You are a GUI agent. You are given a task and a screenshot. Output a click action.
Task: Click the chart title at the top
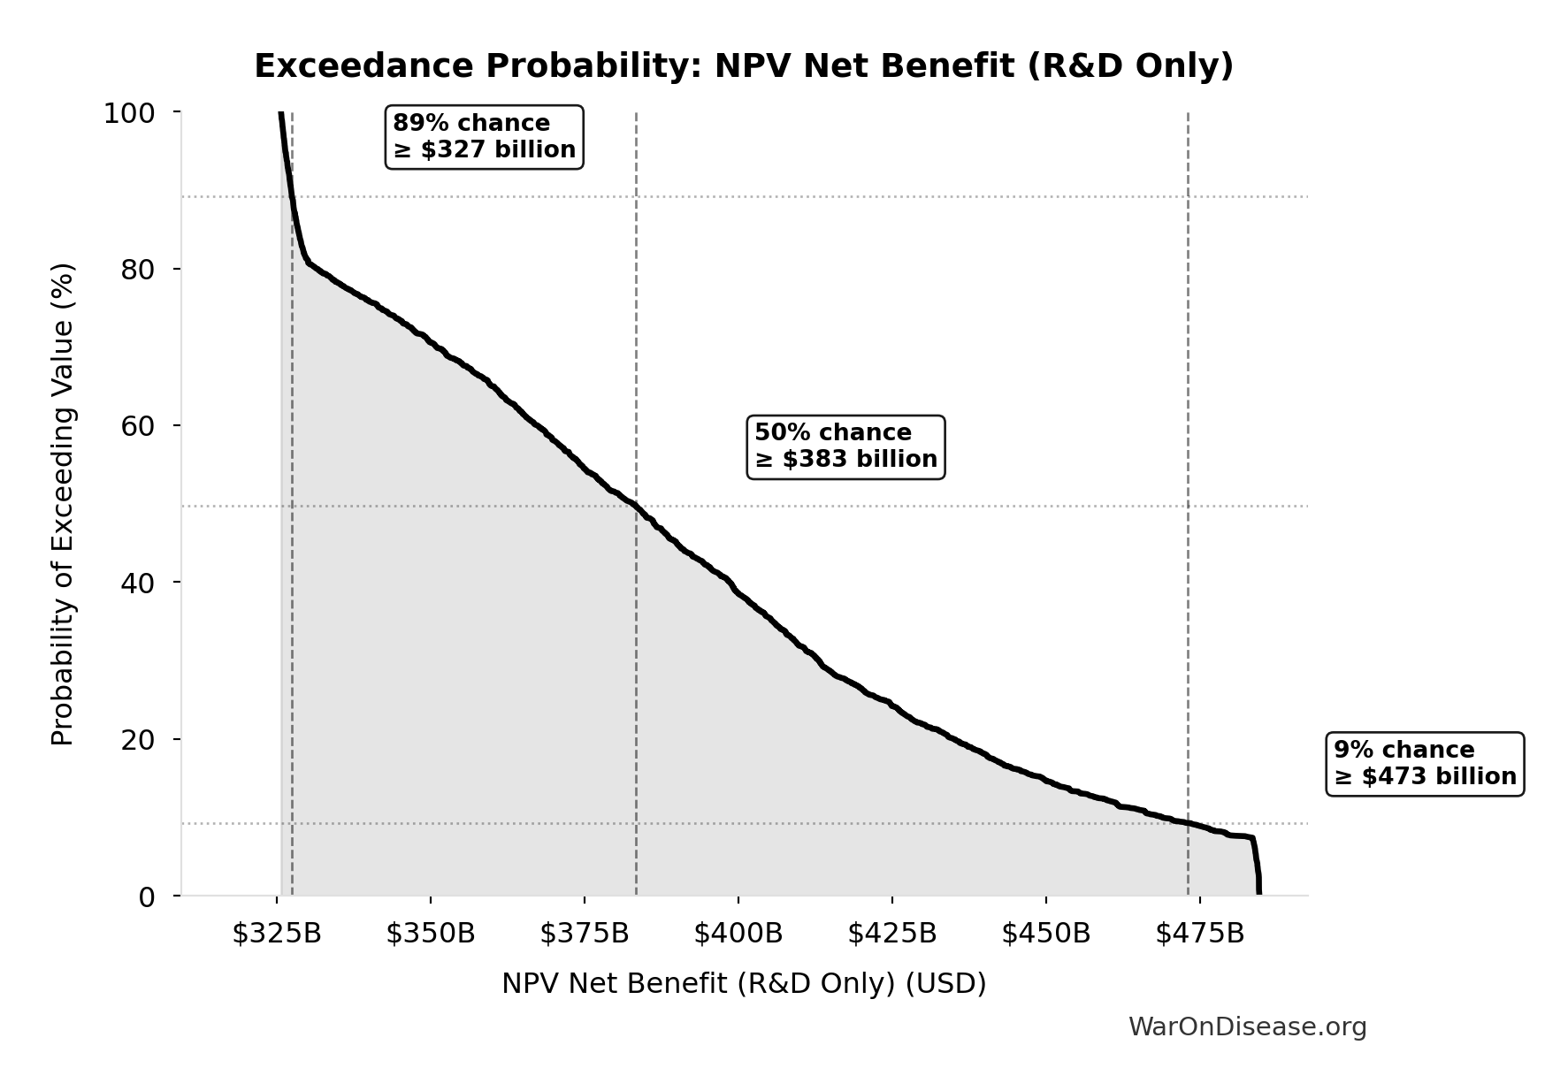pos(743,66)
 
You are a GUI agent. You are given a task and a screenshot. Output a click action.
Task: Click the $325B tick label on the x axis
pos(277,933)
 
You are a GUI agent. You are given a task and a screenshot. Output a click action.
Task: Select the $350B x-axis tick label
pos(431,933)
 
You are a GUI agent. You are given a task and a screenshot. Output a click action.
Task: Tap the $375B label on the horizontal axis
pos(585,933)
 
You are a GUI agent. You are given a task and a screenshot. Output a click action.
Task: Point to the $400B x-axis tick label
pos(738,933)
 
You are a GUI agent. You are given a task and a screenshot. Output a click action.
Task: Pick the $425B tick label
pos(892,933)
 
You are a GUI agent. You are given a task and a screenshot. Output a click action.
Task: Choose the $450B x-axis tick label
pos(1046,933)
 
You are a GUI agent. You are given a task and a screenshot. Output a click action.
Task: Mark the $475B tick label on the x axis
pos(1200,933)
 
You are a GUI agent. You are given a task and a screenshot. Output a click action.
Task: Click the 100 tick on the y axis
pos(129,113)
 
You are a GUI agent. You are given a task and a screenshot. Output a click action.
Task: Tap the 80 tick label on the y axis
pos(137,269)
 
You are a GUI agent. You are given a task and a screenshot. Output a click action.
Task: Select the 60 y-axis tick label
pos(137,425)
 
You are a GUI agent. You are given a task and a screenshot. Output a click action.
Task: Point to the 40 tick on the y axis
pos(137,583)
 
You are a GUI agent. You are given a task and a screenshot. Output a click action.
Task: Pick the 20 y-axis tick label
pos(137,739)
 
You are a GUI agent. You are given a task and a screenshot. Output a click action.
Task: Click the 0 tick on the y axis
pos(146,896)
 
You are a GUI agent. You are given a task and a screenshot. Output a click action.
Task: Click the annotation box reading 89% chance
pos(484,136)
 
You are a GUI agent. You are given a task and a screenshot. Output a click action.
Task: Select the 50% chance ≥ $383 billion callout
pos(845,446)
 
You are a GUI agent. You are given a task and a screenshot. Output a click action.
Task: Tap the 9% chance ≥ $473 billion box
pos(1425,763)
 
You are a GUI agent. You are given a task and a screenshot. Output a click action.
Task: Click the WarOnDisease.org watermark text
pos(1247,1026)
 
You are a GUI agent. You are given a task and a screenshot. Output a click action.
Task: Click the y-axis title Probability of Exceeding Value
pos(63,504)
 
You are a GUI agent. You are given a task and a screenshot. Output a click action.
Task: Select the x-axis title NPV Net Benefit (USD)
pos(743,983)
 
